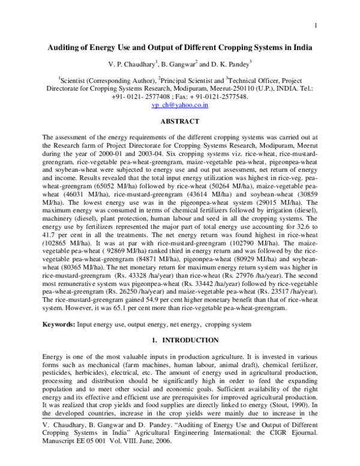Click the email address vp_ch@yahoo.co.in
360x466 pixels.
[x=179, y=104]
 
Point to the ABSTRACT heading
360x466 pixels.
[x=179, y=121]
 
